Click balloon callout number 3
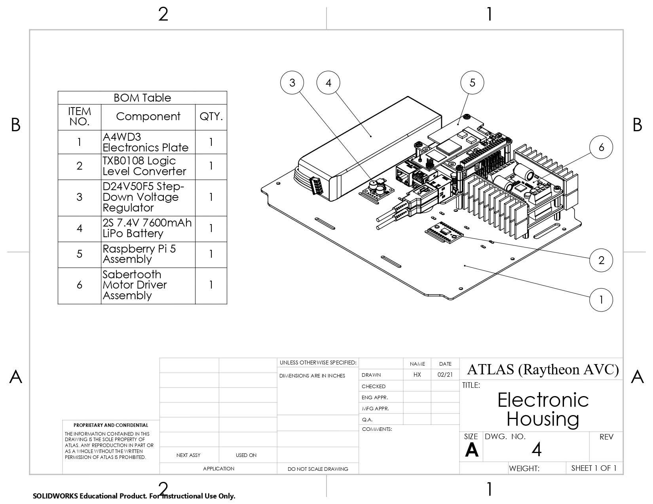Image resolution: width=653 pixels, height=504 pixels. [292, 83]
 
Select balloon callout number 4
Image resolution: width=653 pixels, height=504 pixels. [328, 83]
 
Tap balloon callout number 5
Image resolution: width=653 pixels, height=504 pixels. [473, 83]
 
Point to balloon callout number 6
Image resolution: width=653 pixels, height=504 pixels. [601, 147]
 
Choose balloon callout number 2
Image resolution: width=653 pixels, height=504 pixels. [601, 260]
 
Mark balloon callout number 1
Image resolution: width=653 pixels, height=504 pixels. [601, 300]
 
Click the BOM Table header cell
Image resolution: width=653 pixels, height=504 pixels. [142, 98]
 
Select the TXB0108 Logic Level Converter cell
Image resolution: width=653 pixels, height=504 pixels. [148, 166]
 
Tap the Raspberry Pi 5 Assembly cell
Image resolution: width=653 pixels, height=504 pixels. [148, 254]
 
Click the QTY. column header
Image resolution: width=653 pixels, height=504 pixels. [211, 117]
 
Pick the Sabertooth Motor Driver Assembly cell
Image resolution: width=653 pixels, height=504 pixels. [148, 285]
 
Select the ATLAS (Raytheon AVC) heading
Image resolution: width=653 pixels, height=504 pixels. [543, 369]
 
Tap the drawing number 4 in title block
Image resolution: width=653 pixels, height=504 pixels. [536, 449]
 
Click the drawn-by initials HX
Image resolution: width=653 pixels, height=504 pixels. [417, 375]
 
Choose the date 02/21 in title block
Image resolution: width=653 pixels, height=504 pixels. [445, 375]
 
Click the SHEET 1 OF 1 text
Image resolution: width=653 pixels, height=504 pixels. [594, 468]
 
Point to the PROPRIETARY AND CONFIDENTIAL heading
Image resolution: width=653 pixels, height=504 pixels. [111, 425]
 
